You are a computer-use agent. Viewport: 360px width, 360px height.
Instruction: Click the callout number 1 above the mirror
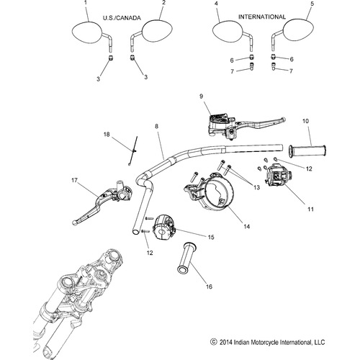point(86,4)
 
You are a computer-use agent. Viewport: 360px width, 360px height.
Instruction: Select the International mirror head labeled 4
point(229,32)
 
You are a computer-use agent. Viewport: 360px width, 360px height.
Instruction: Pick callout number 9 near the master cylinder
point(202,95)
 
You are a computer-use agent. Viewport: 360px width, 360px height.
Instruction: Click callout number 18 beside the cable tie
point(106,135)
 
